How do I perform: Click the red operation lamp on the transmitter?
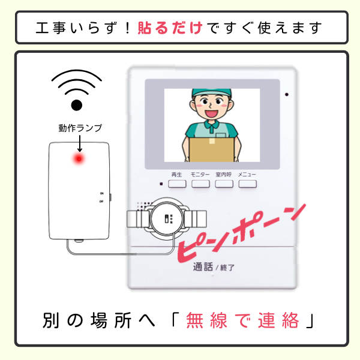click(78, 159)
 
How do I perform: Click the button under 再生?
click(176, 184)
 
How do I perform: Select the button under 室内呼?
click(224, 184)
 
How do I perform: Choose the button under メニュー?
click(247, 184)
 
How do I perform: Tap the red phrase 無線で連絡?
click(242, 320)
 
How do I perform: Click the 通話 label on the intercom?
click(202, 268)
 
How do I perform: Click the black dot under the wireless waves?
click(76, 106)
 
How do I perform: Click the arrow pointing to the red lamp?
click(79, 143)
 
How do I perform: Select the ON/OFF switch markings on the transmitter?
click(102, 197)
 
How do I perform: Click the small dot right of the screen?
click(287, 94)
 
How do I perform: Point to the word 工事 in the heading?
click(49, 28)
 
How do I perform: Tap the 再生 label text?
click(176, 174)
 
